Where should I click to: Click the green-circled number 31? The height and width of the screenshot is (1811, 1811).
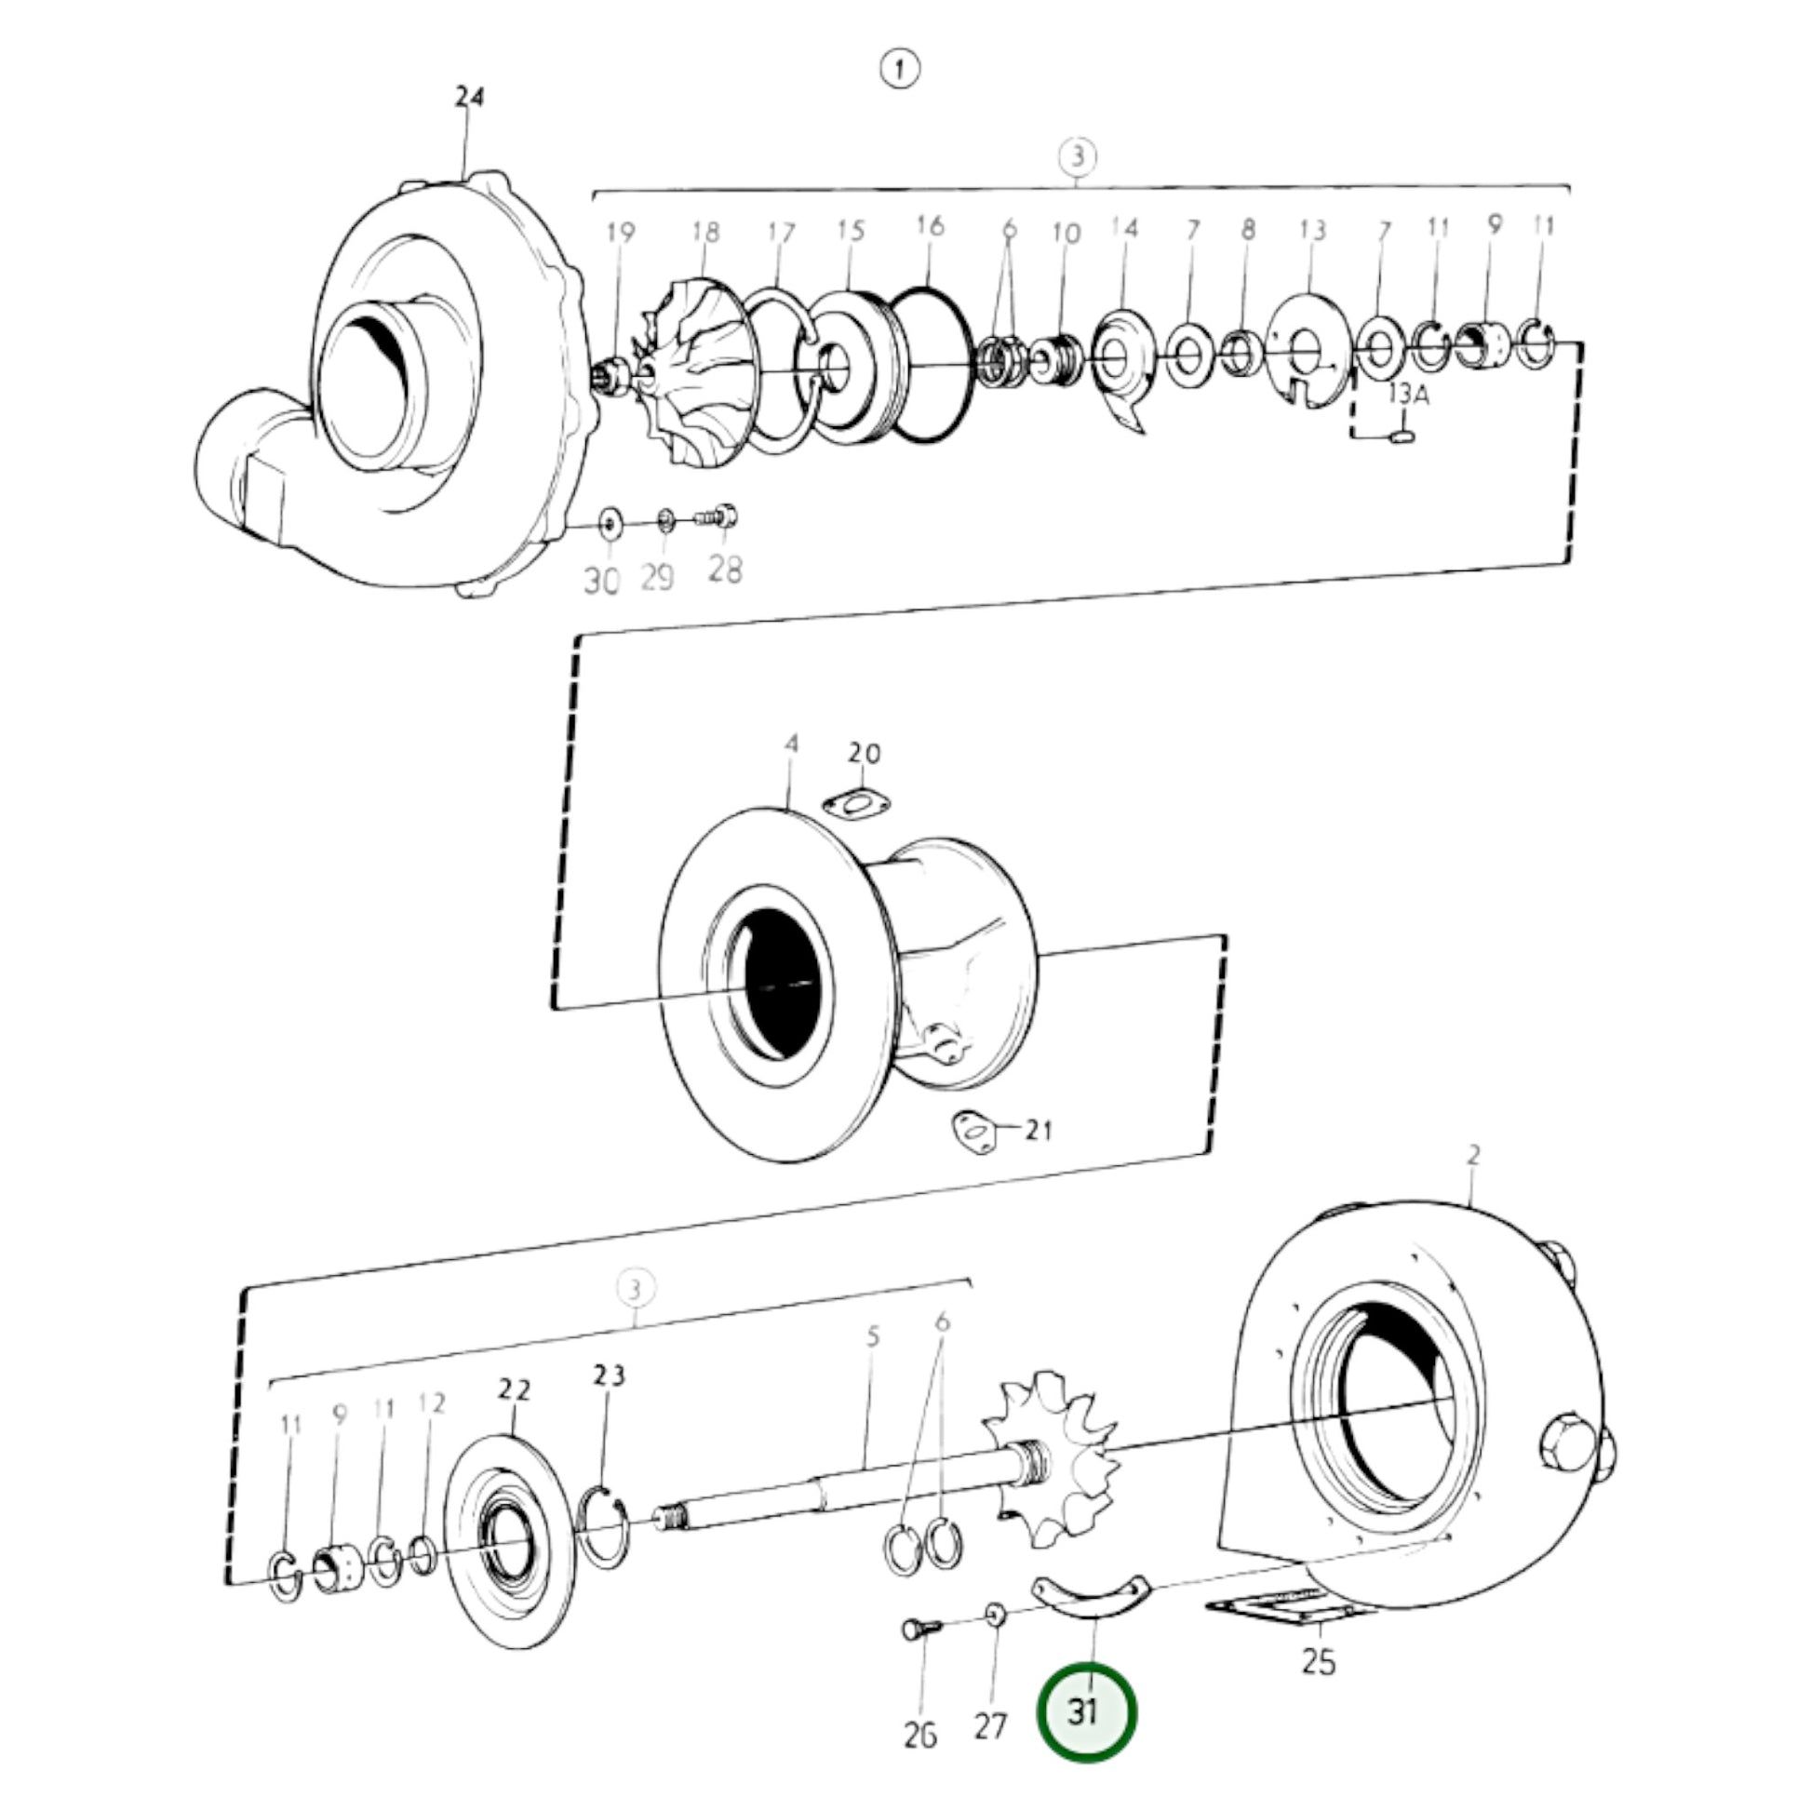(1085, 1711)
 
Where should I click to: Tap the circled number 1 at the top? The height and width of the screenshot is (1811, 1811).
(900, 70)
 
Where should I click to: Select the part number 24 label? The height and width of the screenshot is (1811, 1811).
(470, 97)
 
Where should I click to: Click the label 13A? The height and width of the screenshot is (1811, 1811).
(1408, 395)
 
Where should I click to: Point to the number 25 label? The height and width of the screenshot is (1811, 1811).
(1318, 1662)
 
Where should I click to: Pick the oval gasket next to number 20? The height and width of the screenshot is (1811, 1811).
(856, 803)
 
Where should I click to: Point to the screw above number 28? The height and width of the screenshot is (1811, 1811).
(718, 516)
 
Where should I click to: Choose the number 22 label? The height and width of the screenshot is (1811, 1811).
(514, 1389)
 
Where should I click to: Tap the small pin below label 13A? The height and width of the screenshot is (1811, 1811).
(1402, 436)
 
